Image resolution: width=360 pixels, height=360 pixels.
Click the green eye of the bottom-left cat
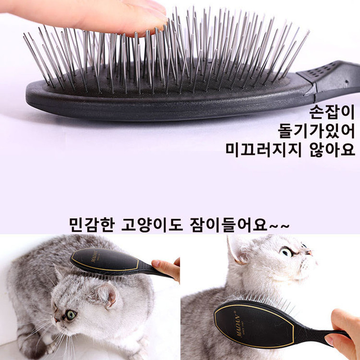point(71,315)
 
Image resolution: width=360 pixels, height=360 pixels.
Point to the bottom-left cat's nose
point(56,319)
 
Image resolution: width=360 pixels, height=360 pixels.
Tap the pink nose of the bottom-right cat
point(310,252)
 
